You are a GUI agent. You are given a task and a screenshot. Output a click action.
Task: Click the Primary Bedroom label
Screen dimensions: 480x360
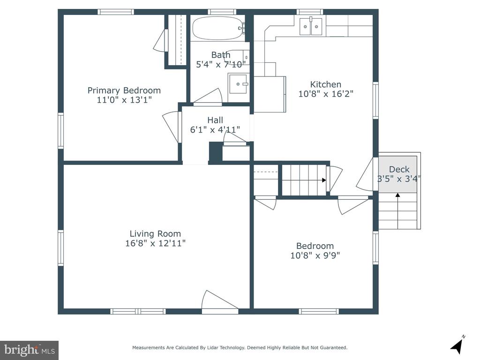click(x=124, y=90)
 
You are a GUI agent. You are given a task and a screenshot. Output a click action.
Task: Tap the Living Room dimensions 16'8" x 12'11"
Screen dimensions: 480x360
click(x=156, y=243)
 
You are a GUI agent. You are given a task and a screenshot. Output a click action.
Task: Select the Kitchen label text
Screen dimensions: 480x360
click(x=326, y=84)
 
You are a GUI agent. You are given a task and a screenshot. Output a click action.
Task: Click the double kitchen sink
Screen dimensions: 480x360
click(x=311, y=27)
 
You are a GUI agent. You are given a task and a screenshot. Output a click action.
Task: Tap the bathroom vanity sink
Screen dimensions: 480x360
click(x=238, y=83)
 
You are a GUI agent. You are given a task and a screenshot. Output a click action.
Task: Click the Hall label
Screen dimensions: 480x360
click(x=215, y=120)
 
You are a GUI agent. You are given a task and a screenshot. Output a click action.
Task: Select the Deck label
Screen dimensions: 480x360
click(x=399, y=169)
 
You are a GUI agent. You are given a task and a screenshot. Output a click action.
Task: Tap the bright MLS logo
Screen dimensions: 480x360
click(x=30, y=350)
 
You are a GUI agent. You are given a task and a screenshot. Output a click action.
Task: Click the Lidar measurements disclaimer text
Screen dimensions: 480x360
click(x=240, y=347)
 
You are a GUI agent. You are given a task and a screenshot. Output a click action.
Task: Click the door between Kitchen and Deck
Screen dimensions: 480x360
click(x=365, y=174)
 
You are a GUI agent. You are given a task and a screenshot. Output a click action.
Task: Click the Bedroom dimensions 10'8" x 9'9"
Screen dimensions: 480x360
click(x=315, y=255)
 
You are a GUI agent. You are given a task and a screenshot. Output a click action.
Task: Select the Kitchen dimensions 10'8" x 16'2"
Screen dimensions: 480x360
click(x=326, y=94)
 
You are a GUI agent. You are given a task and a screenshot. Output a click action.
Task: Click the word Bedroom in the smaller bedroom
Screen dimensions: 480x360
click(x=315, y=246)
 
